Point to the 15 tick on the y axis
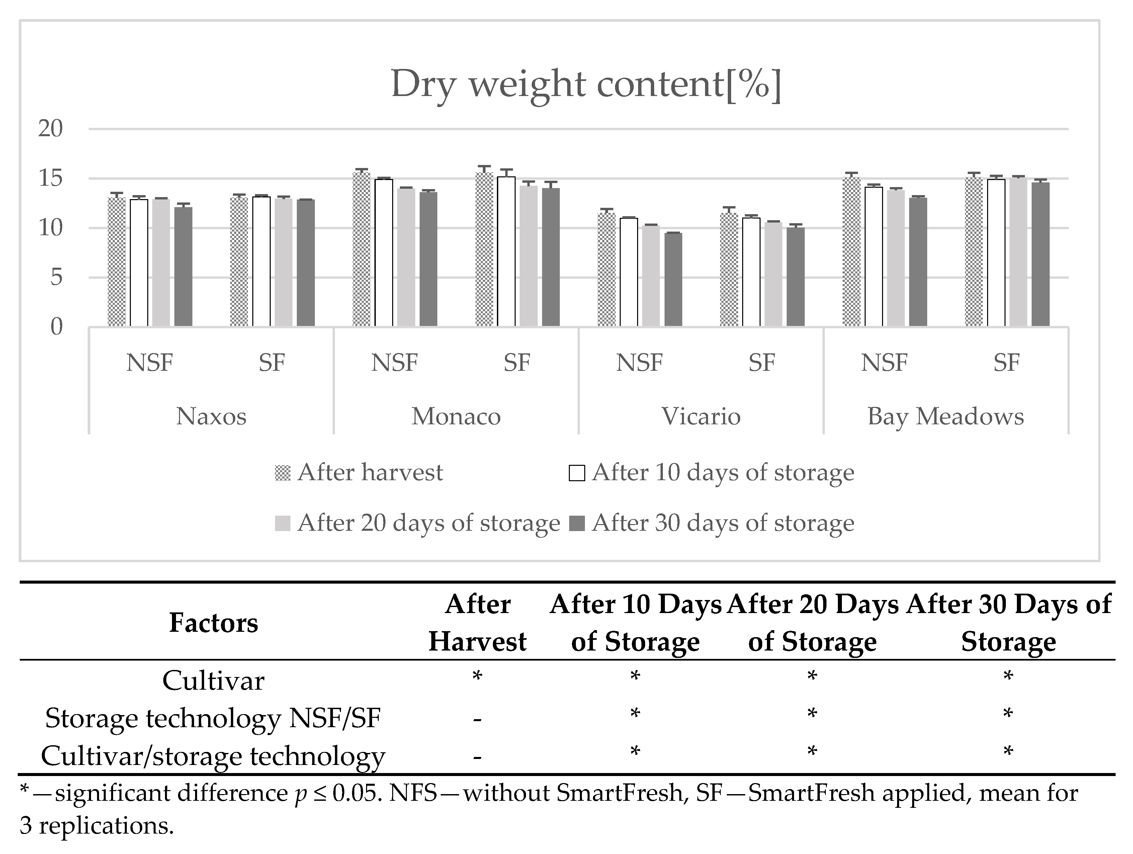tap(50, 178)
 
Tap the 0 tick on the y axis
tap(56, 326)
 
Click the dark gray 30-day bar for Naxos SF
tap(306, 262)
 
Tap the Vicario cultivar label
tap(701, 416)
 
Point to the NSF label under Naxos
tap(150, 363)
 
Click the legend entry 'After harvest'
tap(369, 472)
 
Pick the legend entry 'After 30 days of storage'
tap(723, 523)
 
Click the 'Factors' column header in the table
tap(213, 622)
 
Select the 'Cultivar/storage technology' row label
tap(213, 756)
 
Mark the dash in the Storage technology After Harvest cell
tap(477, 719)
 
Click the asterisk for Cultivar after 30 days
tap(1008, 677)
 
